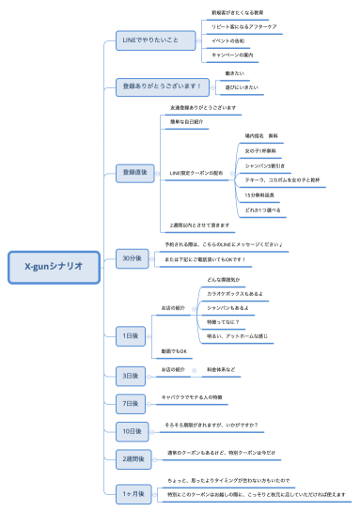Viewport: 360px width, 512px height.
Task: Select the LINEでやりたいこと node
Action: pos(146,40)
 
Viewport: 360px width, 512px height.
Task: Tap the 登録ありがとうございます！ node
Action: pos(163,86)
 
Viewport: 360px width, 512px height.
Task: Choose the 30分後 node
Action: pos(132,257)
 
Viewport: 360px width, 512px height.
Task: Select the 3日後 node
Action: pos(132,376)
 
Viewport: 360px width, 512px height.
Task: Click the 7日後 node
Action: pos(132,403)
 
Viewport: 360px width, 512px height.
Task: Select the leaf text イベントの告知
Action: pos(228,42)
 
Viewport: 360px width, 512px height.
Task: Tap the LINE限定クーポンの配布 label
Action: pos(197,173)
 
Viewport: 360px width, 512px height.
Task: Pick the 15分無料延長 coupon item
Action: pos(260,194)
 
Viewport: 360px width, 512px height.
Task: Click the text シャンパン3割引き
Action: pos(265,164)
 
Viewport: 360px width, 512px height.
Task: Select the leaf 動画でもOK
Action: pos(176,351)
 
